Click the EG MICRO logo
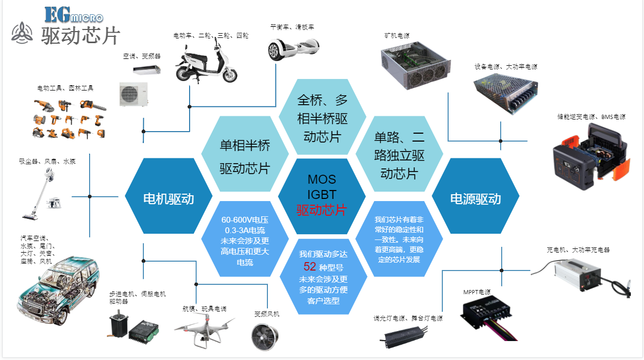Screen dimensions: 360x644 click(x=73, y=15)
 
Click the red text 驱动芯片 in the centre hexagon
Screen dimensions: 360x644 click(x=321, y=210)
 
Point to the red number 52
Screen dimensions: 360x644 click(x=310, y=266)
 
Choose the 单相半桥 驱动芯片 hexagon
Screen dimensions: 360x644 click(x=245, y=156)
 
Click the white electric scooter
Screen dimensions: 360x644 click(x=206, y=63)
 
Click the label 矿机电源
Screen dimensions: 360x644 click(x=397, y=36)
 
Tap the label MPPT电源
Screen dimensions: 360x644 click(x=477, y=292)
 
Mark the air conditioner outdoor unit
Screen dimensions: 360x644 click(x=133, y=94)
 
